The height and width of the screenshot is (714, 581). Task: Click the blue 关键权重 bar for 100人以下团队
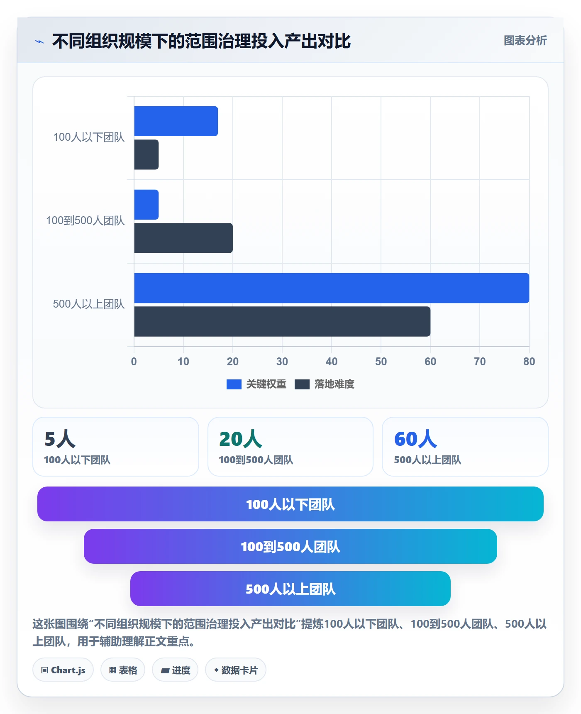click(176, 121)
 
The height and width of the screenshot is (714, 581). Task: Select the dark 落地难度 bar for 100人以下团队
click(146, 154)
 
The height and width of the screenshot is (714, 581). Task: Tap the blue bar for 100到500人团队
click(146, 205)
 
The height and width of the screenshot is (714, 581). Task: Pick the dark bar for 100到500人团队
click(183, 238)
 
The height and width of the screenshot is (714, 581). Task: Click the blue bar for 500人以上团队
click(332, 288)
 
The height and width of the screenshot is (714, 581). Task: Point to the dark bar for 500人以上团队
click(282, 321)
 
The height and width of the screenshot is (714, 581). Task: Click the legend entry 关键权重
click(256, 384)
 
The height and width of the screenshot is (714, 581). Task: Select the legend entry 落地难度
click(325, 384)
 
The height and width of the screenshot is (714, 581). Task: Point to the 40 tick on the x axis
click(332, 362)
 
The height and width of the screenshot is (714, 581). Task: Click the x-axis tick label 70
click(480, 362)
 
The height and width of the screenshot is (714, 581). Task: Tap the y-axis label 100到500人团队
click(85, 220)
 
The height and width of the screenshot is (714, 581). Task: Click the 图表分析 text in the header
click(525, 41)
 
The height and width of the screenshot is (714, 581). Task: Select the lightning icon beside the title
click(39, 42)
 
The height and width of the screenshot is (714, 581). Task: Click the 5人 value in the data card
click(60, 439)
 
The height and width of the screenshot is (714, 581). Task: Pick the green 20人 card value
click(241, 439)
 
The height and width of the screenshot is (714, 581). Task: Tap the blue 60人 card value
click(415, 439)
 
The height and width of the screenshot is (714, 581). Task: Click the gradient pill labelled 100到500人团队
click(290, 546)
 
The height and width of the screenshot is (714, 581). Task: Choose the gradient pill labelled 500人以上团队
click(290, 589)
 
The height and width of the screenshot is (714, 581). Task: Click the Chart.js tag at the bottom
click(63, 670)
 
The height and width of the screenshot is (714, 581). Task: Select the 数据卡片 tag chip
click(236, 670)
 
